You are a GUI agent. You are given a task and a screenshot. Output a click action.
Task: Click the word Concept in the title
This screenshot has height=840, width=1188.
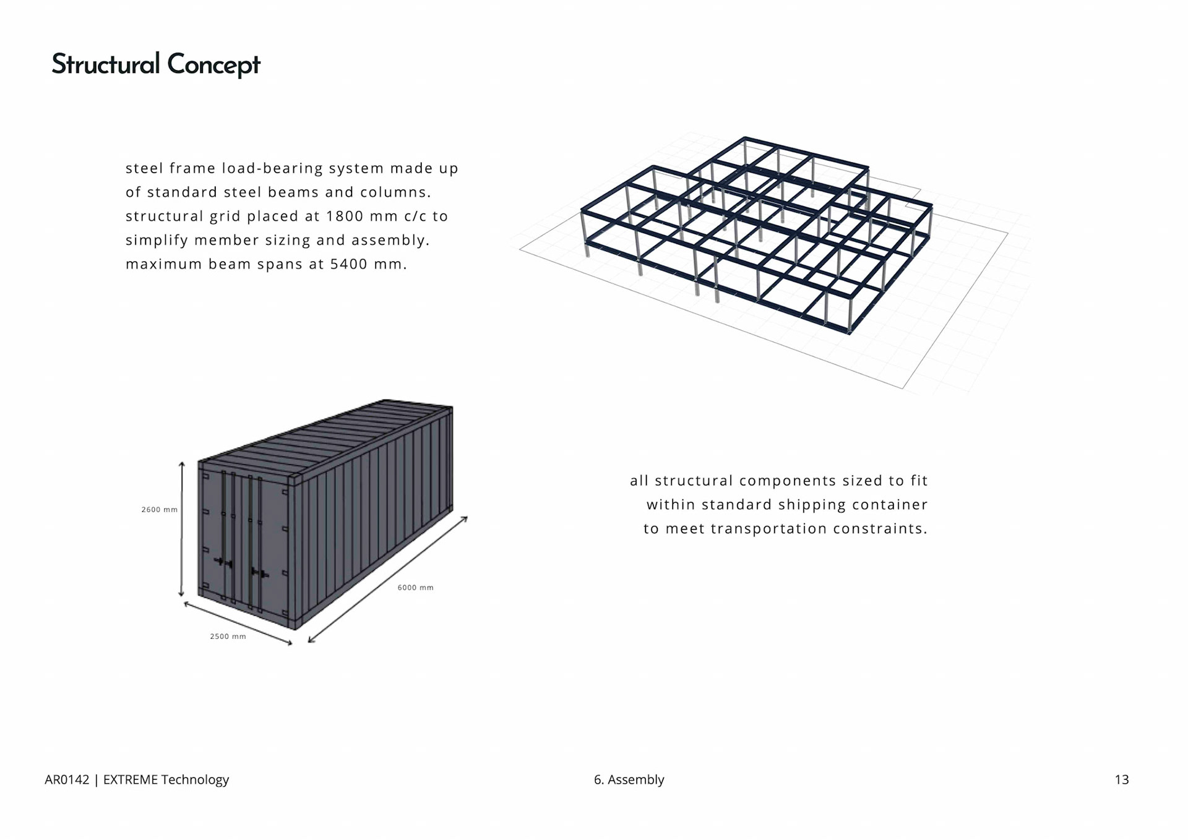coord(213,65)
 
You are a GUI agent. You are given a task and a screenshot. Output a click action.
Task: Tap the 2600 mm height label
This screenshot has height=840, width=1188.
coord(159,510)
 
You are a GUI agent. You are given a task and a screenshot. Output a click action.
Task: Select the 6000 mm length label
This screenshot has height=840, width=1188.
coord(415,588)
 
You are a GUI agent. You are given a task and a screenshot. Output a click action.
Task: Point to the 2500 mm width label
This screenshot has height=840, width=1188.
coord(228,636)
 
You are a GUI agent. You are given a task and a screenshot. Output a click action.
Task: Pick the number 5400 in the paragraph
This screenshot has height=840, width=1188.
coord(348,265)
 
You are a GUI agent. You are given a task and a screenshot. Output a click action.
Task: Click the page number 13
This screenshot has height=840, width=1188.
coord(1121,779)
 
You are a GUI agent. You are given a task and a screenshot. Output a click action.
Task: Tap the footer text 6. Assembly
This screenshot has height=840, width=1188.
coord(629,779)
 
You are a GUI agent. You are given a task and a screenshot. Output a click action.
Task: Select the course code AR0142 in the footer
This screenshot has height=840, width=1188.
coord(67,779)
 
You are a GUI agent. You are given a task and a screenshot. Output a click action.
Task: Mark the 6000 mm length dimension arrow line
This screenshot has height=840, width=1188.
coord(387,580)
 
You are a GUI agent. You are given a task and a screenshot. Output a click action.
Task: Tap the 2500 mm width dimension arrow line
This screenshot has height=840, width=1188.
coord(238,624)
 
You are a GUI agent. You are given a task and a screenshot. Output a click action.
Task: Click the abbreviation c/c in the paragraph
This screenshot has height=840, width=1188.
coord(415,216)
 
